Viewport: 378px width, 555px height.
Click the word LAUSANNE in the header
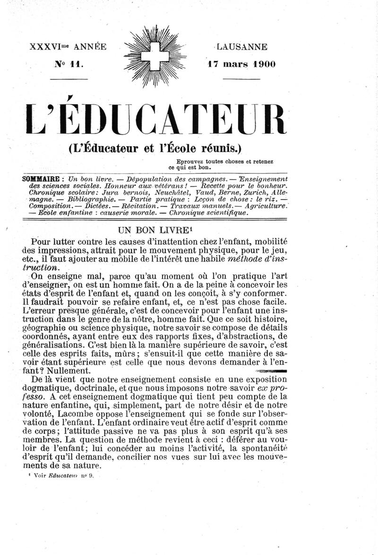coord(242,47)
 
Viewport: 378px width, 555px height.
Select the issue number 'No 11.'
coord(69,64)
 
